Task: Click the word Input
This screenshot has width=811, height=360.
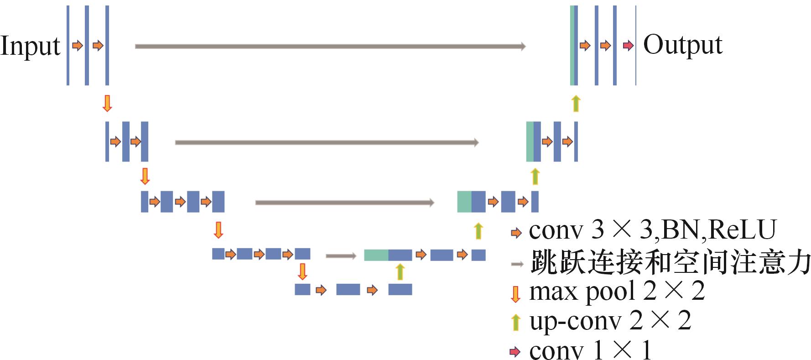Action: click(x=30, y=46)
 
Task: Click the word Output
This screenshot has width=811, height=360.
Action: click(x=682, y=45)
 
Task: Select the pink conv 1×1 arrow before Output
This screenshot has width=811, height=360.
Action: click(x=628, y=46)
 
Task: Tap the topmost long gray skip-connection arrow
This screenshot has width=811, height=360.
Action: click(x=330, y=46)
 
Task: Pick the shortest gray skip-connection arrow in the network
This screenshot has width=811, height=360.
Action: click(x=341, y=256)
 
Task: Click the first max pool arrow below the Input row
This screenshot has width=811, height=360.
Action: click(x=107, y=103)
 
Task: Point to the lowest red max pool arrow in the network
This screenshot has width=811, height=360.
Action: click(x=302, y=271)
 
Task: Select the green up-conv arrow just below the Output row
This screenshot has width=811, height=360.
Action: click(x=576, y=103)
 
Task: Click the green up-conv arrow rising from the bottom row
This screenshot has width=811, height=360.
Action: click(x=400, y=271)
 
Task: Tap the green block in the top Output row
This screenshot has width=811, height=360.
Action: click(x=572, y=46)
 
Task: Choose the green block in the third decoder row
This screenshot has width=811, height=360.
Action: click(x=464, y=202)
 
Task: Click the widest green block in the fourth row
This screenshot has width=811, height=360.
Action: click(x=376, y=255)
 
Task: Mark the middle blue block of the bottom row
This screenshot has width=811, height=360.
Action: click(x=348, y=289)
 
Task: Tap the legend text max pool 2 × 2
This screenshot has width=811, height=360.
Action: click(x=617, y=291)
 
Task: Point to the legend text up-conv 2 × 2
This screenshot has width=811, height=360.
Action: click(x=610, y=321)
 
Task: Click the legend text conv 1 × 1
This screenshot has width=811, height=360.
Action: click(x=590, y=350)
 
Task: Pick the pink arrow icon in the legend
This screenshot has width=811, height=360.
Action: click(x=515, y=351)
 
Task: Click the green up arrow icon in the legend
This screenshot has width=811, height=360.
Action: click(x=515, y=322)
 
